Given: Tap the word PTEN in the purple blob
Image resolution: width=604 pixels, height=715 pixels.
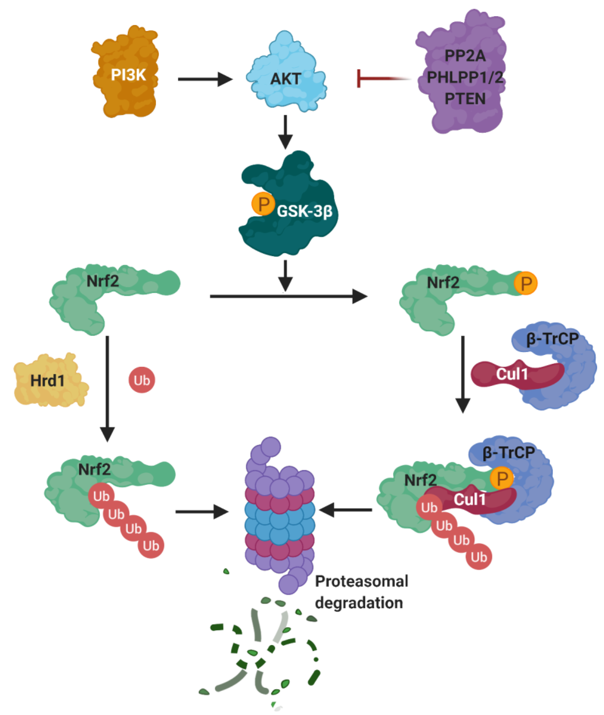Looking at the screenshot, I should coord(465,99).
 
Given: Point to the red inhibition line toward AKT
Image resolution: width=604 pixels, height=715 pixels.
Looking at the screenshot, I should coord(380,79).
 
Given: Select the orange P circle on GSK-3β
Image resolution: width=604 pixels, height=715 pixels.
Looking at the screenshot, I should coord(263,204).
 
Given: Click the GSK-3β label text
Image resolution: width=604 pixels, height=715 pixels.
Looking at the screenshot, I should coord(304,211).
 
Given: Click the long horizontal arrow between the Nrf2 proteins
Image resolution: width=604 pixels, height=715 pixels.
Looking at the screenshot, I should coord(288,296).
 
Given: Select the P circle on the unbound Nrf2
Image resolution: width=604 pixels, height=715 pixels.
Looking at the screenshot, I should coord(526,283).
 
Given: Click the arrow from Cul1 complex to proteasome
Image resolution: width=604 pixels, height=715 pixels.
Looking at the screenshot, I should coord(346,510).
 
